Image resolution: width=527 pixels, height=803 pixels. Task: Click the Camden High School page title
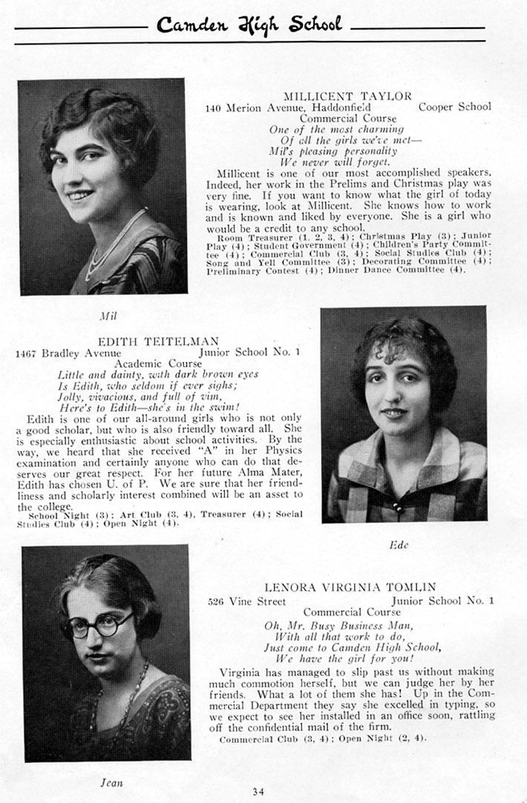point(249,26)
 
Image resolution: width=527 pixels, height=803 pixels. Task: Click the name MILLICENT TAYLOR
point(347,96)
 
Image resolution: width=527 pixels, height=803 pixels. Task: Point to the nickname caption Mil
point(108,315)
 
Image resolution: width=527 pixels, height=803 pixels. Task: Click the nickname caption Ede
point(398,544)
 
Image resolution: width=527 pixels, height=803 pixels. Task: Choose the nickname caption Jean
point(111,781)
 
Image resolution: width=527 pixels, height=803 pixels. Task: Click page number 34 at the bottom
point(258,791)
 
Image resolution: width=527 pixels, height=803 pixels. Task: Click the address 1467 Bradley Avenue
point(68,353)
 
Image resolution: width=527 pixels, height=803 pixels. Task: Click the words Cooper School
point(454,107)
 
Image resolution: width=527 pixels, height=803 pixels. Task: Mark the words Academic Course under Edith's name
point(158,364)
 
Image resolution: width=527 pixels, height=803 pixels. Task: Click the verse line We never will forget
point(334,161)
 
